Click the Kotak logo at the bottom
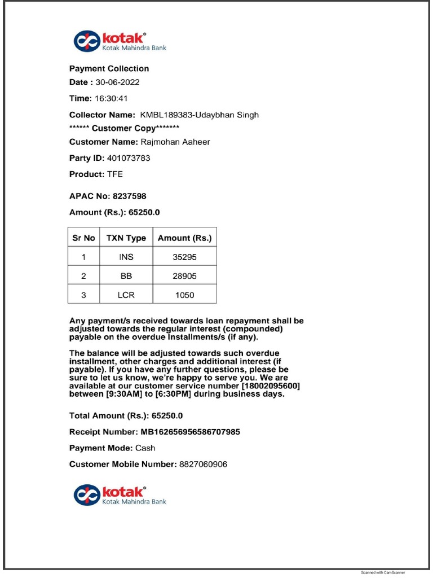(120, 495)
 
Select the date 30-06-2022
(117, 82)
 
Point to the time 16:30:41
(112, 98)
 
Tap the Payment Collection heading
(109, 69)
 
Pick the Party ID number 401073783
(129, 159)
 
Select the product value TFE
(114, 174)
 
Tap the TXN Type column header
(126, 238)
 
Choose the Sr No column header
(83, 238)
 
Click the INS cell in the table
(126, 257)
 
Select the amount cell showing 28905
(184, 277)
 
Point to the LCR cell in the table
(126, 295)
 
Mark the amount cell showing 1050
(184, 295)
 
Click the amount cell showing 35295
(184, 257)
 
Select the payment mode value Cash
(145, 448)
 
